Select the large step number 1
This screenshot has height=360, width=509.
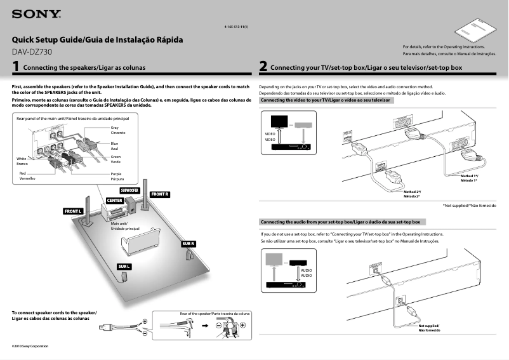(15, 66)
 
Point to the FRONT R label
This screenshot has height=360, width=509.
(159, 194)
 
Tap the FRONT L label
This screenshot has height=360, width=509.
(73, 211)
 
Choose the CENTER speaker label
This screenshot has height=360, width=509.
(114, 201)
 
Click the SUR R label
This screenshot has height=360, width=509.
(188, 244)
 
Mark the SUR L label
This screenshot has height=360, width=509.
(124, 266)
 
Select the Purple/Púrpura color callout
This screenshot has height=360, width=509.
(117, 177)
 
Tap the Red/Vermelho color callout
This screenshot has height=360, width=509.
(27, 176)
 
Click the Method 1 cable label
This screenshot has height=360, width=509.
(470, 178)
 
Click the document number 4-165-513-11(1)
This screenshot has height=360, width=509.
(236, 27)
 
